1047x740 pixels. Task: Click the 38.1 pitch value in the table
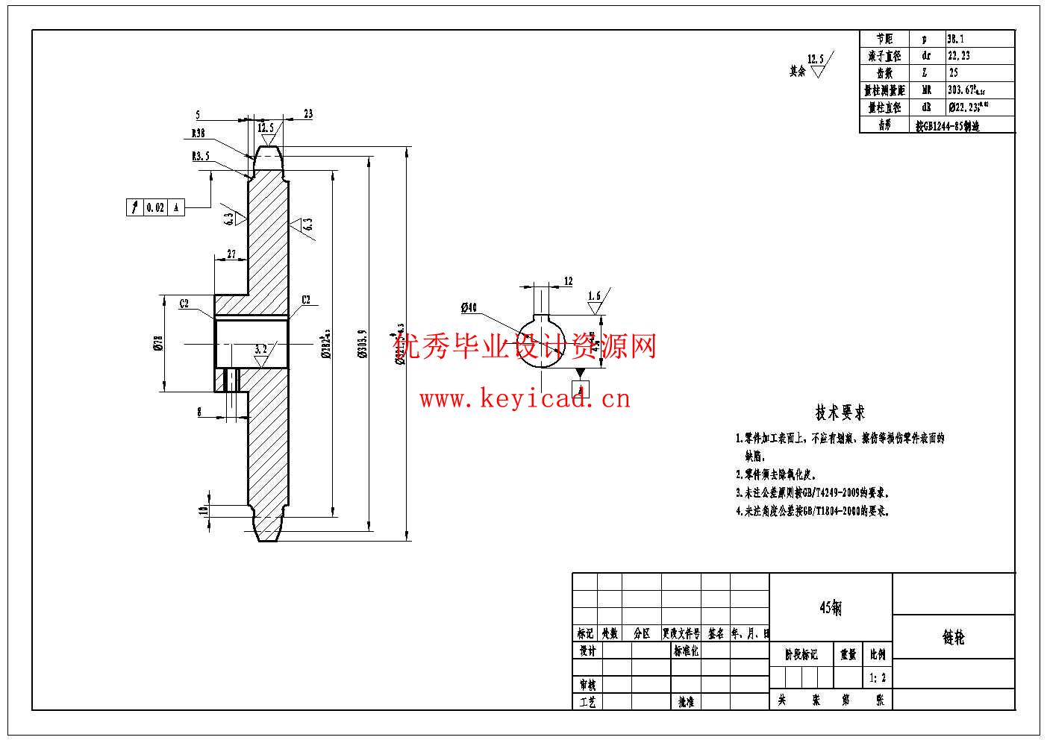[957, 38]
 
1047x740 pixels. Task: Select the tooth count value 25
[954, 73]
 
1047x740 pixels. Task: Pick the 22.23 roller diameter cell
[958, 55]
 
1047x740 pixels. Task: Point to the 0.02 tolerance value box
[155, 208]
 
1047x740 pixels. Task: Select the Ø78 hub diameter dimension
[157, 342]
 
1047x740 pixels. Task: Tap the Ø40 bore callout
[469, 307]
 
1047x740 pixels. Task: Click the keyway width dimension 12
[569, 281]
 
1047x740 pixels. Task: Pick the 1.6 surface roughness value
[594, 296]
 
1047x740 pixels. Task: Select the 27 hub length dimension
[231, 255]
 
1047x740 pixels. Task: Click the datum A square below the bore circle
[581, 389]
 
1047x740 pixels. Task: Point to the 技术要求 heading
[840, 413]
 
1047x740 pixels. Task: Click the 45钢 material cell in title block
[831, 608]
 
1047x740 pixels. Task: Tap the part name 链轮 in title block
[953, 638]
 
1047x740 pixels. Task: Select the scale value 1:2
[878, 678]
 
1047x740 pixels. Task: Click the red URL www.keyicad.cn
[525, 399]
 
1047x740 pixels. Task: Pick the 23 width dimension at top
[308, 114]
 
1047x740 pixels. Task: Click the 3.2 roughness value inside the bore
[260, 348]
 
